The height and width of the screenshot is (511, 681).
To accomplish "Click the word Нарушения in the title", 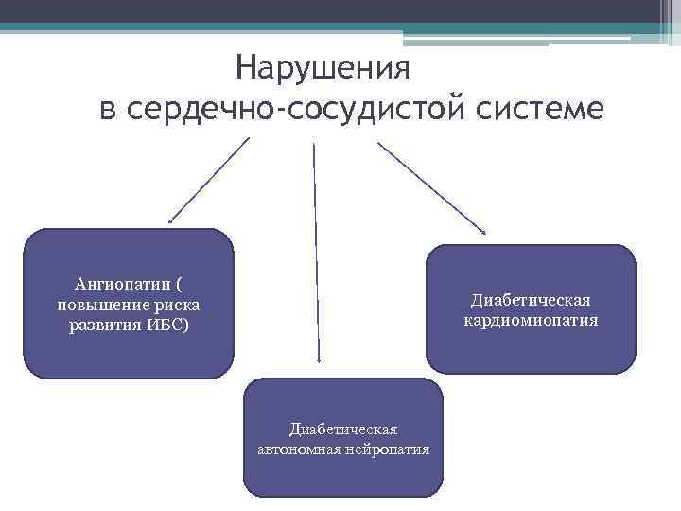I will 323,68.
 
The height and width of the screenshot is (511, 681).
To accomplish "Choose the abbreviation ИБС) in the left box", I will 169,326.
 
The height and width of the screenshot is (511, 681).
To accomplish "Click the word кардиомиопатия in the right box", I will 531,321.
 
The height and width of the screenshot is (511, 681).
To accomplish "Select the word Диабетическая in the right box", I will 531,300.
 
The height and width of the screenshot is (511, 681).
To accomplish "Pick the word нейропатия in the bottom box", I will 389,449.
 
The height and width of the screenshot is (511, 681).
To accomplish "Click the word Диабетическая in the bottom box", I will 343,429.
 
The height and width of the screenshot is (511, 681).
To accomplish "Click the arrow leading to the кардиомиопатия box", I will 431,186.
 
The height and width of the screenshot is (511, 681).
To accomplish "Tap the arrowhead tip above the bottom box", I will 319,361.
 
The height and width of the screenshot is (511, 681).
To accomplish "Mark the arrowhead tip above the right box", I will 485,232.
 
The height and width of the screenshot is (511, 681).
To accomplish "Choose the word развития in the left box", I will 105,326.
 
